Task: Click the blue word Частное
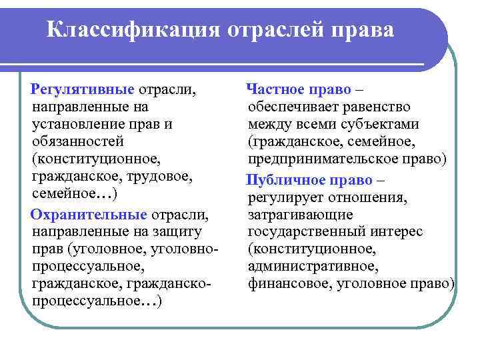(275, 89)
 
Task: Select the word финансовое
(287, 285)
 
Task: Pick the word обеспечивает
(289, 107)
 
